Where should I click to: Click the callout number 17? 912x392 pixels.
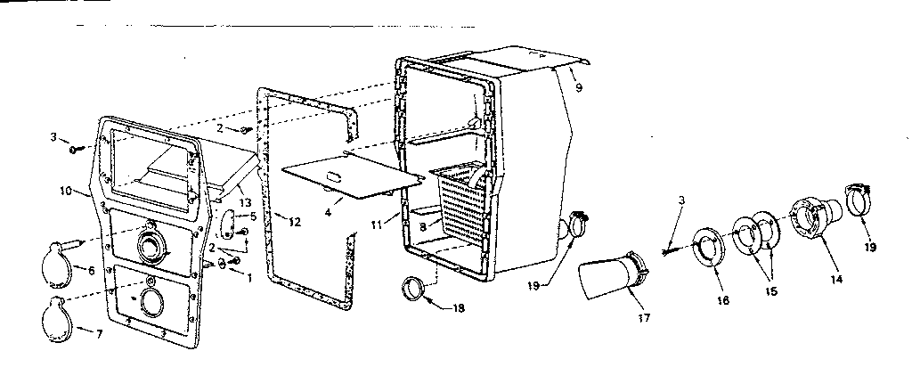644,317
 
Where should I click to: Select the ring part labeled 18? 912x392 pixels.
414,289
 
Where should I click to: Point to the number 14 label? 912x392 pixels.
836,279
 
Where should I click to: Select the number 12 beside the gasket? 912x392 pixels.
295,222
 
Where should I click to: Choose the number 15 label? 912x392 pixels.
770,292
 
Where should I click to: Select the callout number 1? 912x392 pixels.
250,278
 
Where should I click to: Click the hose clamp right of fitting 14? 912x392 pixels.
856,201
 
